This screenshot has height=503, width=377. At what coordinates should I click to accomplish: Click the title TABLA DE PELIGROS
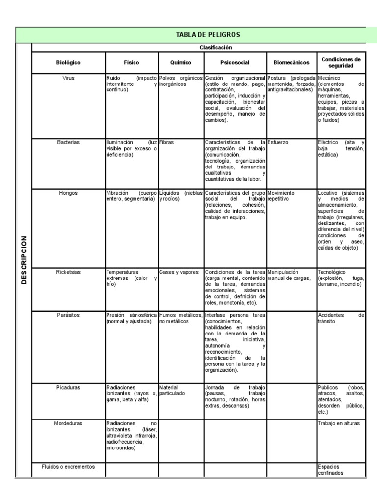click(x=201, y=34)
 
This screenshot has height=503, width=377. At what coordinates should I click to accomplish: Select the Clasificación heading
click(x=215, y=48)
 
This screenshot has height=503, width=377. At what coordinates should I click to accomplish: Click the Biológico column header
click(x=68, y=63)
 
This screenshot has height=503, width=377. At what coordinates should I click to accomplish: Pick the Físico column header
click(x=131, y=63)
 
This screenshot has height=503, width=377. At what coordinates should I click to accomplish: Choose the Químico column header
click(x=181, y=63)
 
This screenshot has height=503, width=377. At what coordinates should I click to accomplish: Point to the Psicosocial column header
click(x=235, y=63)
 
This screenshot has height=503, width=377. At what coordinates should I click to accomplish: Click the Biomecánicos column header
click(x=292, y=63)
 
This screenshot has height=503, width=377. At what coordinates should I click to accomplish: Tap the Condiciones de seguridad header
click(x=341, y=62)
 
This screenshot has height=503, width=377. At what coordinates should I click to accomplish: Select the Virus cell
click(x=68, y=78)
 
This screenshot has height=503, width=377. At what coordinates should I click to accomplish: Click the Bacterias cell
click(x=68, y=142)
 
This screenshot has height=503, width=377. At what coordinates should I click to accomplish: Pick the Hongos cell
click(x=68, y=193)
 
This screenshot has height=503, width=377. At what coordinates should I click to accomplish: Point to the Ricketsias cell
click(x=68, y=272)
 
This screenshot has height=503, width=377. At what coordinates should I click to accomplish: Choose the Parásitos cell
click(x=68, y=315)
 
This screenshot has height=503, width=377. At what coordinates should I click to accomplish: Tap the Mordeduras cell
click(x=68, y=423)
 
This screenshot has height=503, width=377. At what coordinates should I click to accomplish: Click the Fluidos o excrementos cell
click(x=68, y=466)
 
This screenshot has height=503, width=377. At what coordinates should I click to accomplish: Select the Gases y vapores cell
click(x=179, y=272)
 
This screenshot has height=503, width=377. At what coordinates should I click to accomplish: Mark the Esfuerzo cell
click(x=278, y=142)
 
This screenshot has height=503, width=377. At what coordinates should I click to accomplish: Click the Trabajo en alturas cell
click(x=339, y=423)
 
